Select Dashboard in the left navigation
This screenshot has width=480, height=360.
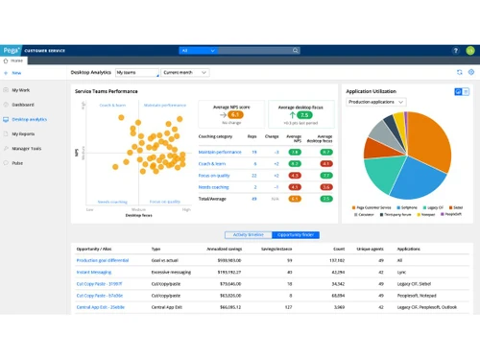pyautogui.click(x=25, y=104)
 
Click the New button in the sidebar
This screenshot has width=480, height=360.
pyautogui.click(x=13, y=72)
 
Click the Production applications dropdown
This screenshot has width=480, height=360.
pyautogui.click(x=377, y=101)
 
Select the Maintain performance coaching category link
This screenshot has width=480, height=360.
pyautogui.click(x=219, y=152)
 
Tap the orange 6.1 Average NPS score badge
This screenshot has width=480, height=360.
pyautogui.click(x=235, y=114)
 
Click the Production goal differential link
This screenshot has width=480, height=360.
pyautogui.click(x=103, y=259)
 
